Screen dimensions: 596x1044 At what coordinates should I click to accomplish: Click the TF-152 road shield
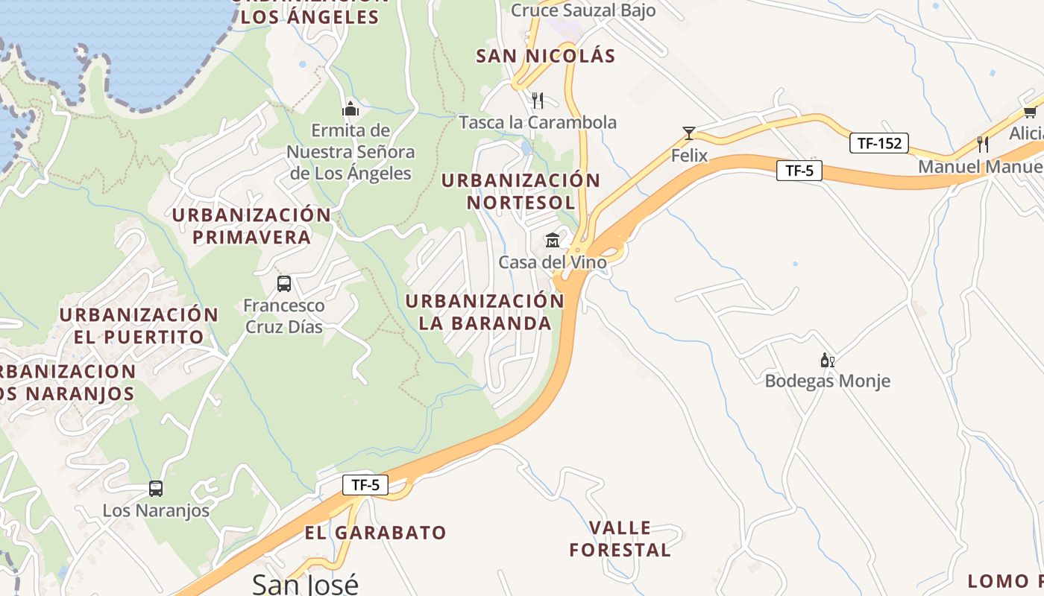point(879,143)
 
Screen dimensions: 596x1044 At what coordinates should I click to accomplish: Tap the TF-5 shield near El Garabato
point(365,485)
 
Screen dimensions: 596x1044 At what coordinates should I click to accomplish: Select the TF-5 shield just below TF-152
point(799,171)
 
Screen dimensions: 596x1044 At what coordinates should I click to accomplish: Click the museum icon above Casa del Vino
point(552,240)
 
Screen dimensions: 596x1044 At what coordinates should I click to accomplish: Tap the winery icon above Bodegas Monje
point(827,361)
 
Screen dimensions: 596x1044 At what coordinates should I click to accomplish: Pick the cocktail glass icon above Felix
point(689,133)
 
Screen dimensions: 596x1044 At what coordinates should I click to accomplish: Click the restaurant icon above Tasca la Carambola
point(538,100)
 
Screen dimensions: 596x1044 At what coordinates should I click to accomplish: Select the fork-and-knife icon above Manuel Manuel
point(983,144)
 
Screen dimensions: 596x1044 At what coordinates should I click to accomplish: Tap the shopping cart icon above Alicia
point(1030,112)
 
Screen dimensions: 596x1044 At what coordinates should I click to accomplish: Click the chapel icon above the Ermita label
point(350,109)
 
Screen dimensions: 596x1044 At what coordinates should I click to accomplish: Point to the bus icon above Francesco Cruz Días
point(284,283)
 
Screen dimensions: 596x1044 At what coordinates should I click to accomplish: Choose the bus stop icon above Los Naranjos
point(155,489)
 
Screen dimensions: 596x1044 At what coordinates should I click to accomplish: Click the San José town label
point(305,583)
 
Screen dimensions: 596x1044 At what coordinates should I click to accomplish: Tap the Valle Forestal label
point(620,539)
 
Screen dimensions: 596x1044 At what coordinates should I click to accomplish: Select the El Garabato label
point(375,533)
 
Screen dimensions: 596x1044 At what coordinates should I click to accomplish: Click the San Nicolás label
point(546,56)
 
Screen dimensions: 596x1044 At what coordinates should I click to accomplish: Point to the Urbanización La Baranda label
point(485,311)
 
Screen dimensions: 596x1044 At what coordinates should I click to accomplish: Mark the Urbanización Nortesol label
point(521,191)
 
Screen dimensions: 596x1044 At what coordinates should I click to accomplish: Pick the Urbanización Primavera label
point(251,226)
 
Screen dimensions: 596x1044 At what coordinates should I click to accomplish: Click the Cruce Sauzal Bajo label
point(583,10)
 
